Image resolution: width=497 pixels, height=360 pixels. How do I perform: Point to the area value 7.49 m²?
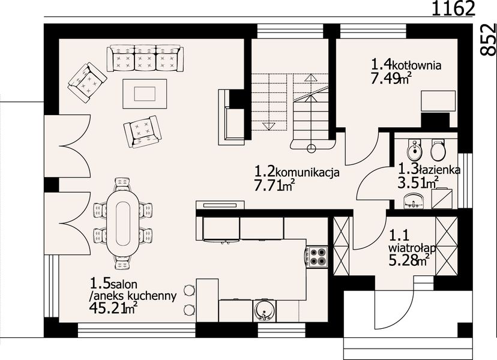pyautogui.click(x=390, y=79)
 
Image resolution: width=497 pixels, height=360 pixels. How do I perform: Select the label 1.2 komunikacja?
pyautogui.click(x=297, y=172)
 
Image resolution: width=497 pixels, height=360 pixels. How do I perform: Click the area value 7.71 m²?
pyautogui.click(x=274, y=187)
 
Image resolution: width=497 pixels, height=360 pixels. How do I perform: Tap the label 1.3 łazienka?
pyautogui.click(x=429, y=170)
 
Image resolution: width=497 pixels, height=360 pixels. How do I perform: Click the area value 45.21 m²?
pyautogui.click(x=113, y=308)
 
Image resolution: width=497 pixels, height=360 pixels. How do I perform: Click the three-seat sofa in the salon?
pyautogui.click(x=144, y=58)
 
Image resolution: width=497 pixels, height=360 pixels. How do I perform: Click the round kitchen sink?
pyautogui.click(x=262, y=311)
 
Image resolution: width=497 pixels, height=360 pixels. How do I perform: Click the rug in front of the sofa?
pyautogui.click(x=144, y=94)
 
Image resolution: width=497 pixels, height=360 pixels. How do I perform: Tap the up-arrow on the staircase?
pyautogui.click(x=312, y=78)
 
